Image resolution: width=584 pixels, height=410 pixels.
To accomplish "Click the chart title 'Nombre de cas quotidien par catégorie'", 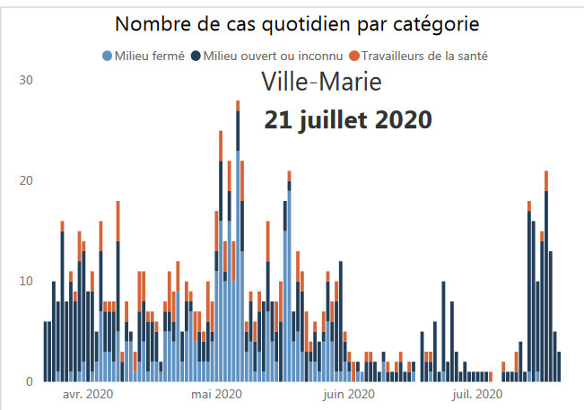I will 297,23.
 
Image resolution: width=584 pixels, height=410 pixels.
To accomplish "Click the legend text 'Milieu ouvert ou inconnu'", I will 272,57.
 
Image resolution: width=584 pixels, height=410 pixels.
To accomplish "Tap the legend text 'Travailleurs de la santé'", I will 423,57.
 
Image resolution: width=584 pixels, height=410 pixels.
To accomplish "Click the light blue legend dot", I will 109,57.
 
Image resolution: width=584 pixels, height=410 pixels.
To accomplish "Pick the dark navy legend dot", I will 196,57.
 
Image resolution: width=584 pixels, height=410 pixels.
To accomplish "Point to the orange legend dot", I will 353,57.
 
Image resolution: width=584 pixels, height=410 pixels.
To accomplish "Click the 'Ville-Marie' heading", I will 321,82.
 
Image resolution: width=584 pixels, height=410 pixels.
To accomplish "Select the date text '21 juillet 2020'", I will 348,119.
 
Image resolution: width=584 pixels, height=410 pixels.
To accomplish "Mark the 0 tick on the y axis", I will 29,381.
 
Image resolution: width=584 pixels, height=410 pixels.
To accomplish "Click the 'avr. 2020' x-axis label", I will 87,394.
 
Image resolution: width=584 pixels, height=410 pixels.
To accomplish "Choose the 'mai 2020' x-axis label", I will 216,394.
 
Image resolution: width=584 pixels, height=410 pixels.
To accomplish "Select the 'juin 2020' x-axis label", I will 348,394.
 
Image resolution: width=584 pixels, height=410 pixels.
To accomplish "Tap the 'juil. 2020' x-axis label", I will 476,394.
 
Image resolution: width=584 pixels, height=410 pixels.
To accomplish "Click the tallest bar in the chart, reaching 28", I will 238,242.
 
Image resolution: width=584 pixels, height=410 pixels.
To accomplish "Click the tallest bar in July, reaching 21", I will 546,278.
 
